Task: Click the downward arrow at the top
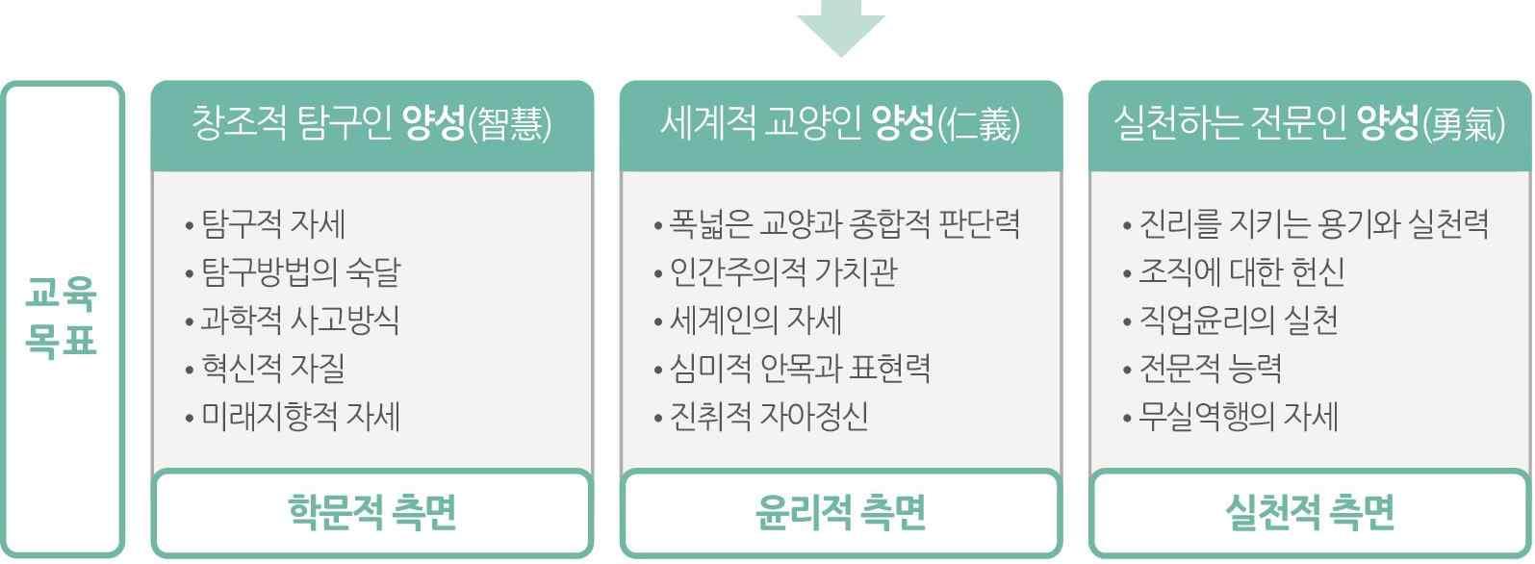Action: (840, 27)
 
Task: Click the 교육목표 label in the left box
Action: (63, 319)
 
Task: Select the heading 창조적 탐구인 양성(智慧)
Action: (371, 125)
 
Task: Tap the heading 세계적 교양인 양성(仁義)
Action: (840, 125)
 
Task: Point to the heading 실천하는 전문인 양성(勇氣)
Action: (1309, 125)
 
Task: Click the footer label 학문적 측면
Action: (371, 512)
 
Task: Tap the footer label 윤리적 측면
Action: (840, 512)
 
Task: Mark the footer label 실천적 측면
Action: (1309, 512)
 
